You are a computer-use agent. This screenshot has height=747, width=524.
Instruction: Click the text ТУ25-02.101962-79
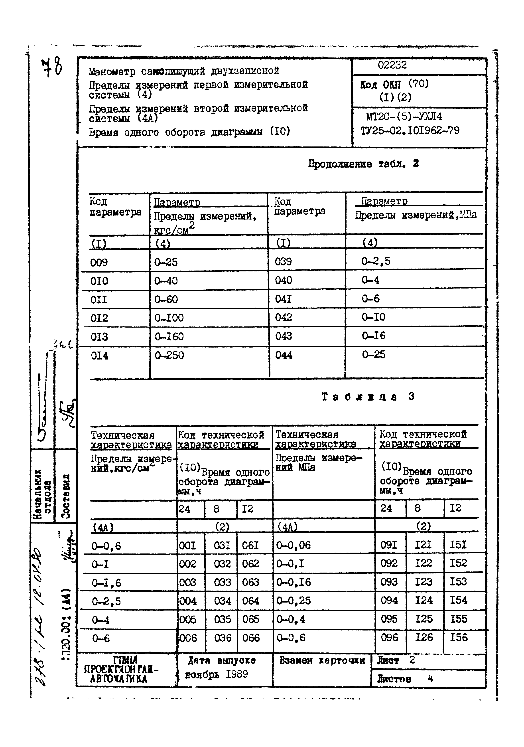pos(410,131)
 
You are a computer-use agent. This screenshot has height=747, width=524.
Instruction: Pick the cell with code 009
pos(99,262)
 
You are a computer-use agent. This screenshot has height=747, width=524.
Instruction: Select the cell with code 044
pos(284,355)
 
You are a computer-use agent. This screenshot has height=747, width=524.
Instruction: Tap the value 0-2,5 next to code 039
pos(376,261)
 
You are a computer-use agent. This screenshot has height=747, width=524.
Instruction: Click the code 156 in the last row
pos(459,638)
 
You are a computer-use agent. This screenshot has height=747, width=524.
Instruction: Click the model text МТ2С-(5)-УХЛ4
pos(404,117)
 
